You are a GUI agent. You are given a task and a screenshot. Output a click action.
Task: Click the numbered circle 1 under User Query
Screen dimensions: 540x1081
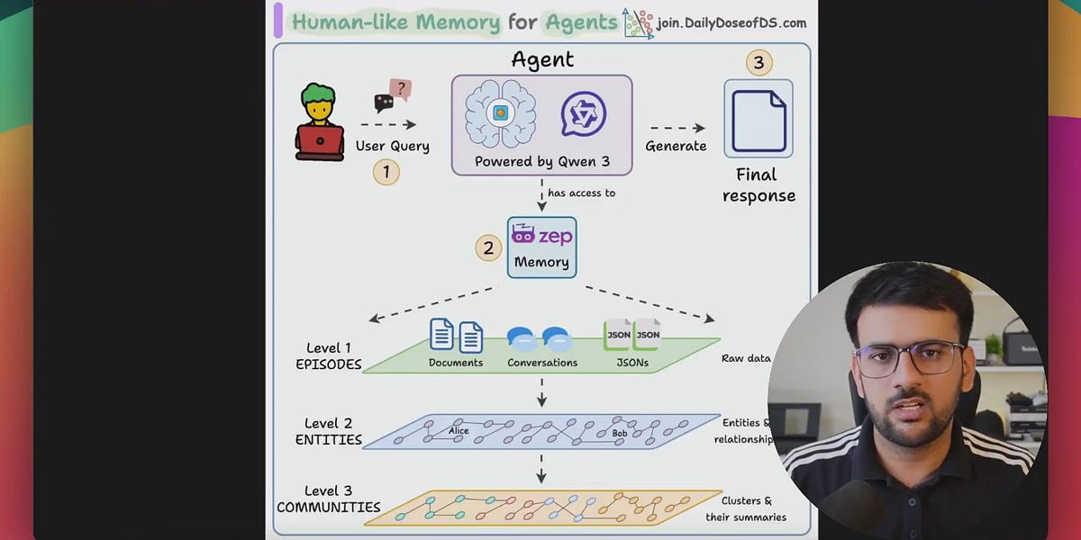coord(386,172)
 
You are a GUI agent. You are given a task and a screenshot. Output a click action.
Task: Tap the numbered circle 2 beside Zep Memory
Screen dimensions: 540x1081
coord(488,247)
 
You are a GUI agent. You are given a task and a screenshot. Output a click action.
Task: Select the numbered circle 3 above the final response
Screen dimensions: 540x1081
coord(759,63)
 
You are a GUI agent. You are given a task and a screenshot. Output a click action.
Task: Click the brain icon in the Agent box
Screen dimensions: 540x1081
coord(500,114)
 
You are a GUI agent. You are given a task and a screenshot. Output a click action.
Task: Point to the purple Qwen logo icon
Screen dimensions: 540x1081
coord(584,114)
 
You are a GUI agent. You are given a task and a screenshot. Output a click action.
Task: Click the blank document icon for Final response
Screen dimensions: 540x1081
coord(759,120)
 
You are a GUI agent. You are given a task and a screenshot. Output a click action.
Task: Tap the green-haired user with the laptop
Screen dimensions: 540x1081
coord(320,123)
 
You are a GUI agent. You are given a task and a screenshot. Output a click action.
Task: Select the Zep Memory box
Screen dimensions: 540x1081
coord(541,247)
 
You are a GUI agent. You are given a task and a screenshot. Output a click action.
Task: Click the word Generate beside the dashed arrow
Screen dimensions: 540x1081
coord(676,146)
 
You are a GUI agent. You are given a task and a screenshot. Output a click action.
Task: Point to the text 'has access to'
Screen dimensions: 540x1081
coord(581,193)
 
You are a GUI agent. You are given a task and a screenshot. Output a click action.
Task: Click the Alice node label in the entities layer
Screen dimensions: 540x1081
coord(459,431)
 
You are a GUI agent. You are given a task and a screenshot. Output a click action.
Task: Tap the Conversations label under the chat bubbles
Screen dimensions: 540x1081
coord(542,363)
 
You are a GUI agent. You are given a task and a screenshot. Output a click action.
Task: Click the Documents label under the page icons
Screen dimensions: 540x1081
coord(456,363)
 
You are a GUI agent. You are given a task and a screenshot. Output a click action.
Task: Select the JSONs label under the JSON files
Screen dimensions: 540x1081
coord(631,363)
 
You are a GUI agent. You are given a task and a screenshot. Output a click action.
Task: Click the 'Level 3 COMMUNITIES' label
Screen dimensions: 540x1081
coord(328,499)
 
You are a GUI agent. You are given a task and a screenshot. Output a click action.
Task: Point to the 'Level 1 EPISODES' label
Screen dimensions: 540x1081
coord(328,356)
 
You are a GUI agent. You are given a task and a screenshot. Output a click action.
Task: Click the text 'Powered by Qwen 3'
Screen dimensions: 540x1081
coord(542,162)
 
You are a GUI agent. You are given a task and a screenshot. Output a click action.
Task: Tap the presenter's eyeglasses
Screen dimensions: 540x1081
coord(908,359)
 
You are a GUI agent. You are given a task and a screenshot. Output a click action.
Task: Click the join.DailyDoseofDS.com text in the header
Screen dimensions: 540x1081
coord(731,23)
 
